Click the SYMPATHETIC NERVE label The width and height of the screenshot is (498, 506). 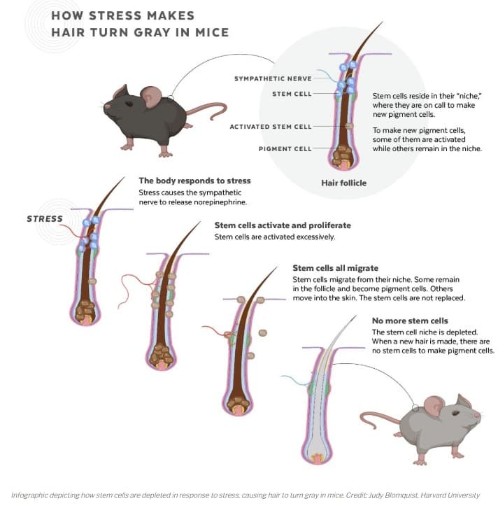click(x=271, y=79)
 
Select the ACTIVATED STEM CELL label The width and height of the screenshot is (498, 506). click(x=271, y=127)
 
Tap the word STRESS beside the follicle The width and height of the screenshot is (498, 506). click(x=45, y=219)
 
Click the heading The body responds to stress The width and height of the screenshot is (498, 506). click(x=194, y=181)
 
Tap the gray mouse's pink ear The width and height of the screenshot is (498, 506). click(x=434, y=405)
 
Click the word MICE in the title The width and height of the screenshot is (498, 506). click(x=209, y=31)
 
